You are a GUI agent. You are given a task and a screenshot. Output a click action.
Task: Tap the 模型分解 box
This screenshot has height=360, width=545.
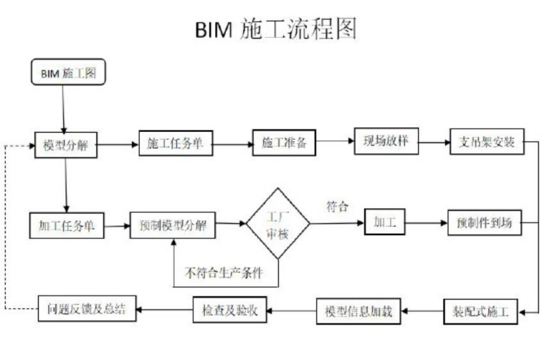point(65,145)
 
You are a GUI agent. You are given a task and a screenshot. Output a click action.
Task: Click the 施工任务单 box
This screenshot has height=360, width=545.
point(175,143)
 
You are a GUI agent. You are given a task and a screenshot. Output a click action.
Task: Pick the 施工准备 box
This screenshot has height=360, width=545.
point(283,143)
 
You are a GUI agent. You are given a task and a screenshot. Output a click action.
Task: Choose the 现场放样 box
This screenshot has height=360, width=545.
point(386,141)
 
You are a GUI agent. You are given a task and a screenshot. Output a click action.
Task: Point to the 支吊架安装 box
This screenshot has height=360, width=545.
point(487,141)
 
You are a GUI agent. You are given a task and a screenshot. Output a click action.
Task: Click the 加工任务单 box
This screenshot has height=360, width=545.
point(65,225)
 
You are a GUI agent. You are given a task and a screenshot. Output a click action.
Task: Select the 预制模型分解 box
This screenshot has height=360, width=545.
point(173,225)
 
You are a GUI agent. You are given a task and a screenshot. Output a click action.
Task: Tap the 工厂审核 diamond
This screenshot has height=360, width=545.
point(278,224)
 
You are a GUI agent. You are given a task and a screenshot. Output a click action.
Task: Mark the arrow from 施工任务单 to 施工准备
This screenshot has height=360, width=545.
point(232,144)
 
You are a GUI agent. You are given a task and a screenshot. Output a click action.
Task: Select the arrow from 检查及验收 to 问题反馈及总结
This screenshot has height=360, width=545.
point(164,310)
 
